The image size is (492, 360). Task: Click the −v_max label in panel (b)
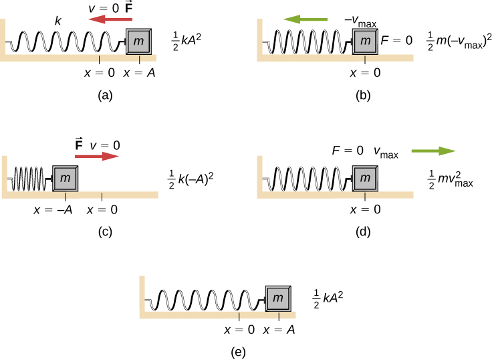[363, 23]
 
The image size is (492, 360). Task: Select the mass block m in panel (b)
[364, 42]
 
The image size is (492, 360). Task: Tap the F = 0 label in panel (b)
[395, 40]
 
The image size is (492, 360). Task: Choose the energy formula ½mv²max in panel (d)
[449, 179]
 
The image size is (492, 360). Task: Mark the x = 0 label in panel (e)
[239, 329]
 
